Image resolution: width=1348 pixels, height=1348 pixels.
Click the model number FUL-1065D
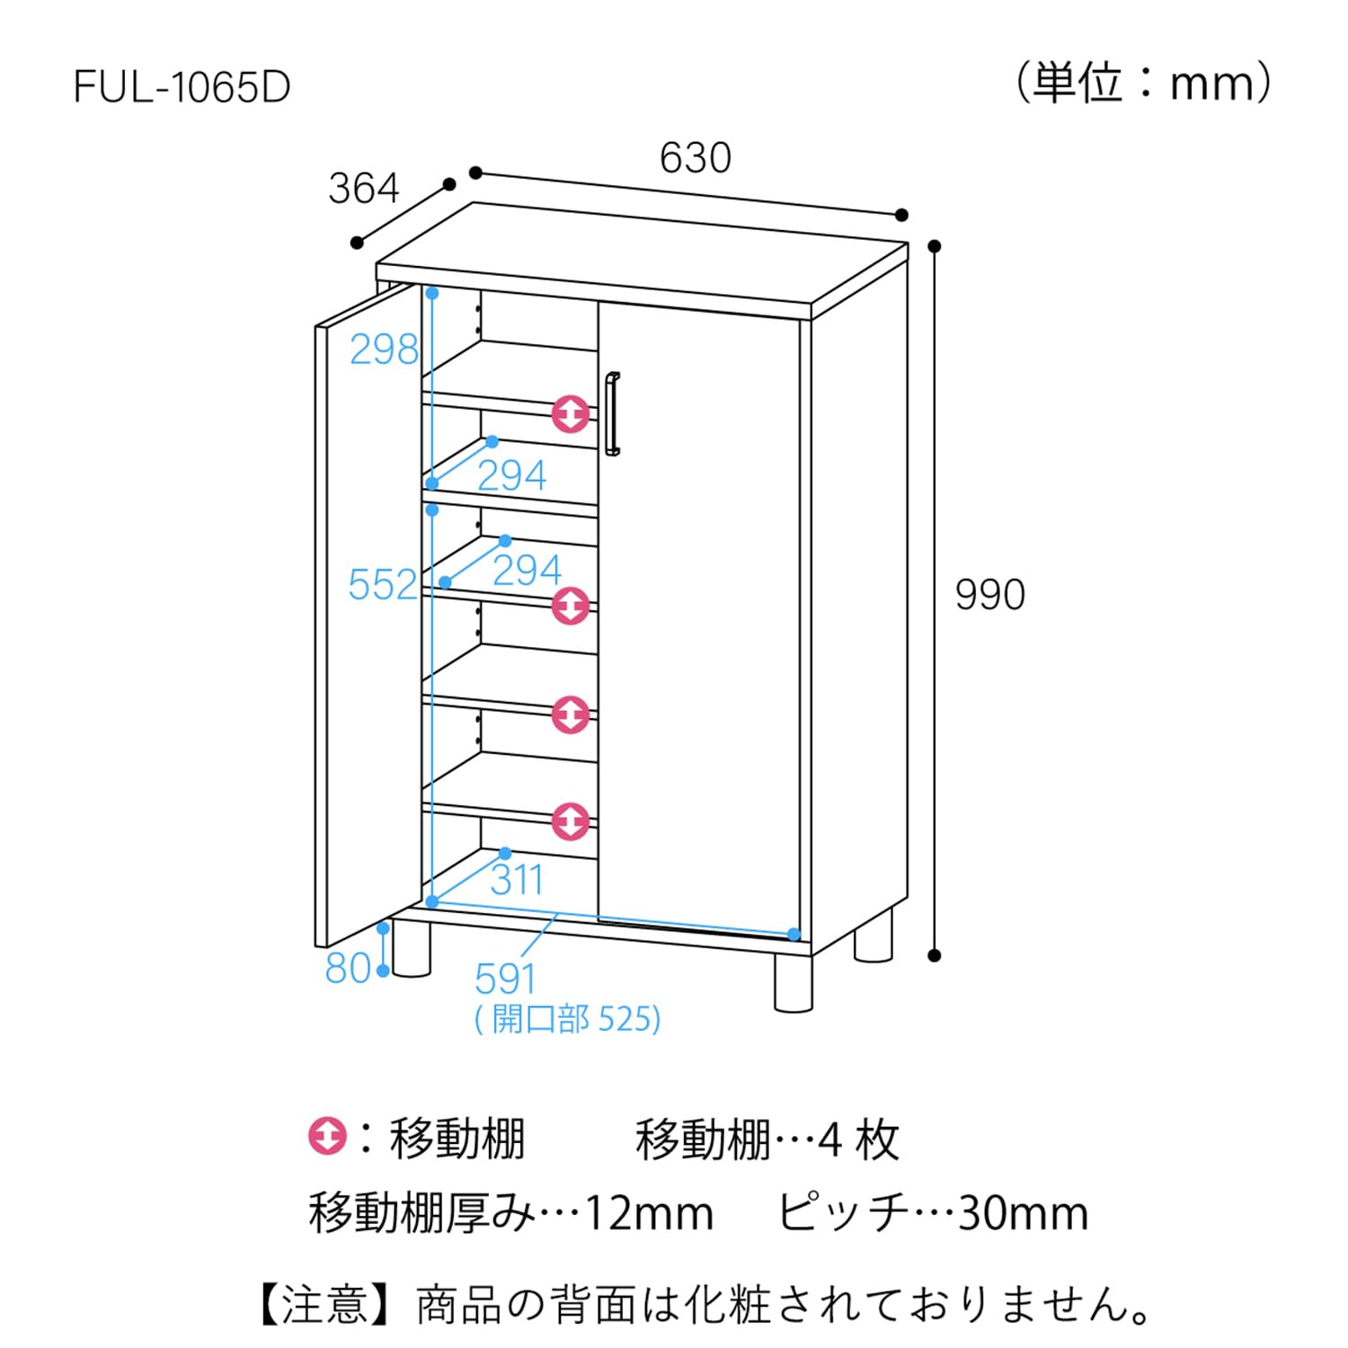(182, 88)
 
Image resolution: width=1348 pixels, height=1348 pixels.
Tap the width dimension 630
(695, 158)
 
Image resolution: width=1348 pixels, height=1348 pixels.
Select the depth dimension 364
(363, 189)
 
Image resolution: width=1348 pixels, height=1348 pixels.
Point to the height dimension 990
(989, 595)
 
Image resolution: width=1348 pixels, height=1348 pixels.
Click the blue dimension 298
(384, 349)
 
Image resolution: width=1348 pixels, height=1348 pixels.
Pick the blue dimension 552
(383, 585)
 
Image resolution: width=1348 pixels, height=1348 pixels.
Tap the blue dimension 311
(517, 880)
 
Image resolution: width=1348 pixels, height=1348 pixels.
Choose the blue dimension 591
(505, 979)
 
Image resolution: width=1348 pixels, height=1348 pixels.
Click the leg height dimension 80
(348, 968)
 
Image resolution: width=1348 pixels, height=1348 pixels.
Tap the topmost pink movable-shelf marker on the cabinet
(571, 413)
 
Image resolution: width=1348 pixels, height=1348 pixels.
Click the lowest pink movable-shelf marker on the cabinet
(571, 820)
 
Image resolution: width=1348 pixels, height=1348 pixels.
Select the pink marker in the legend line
(327, 1136)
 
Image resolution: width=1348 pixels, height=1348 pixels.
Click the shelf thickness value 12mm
(649, 1213)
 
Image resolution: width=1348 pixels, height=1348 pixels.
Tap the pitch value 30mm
(1023, 1213)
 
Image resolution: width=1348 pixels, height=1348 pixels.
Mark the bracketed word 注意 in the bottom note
(324, 1305)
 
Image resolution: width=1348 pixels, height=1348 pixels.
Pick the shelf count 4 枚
(857, 1140)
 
